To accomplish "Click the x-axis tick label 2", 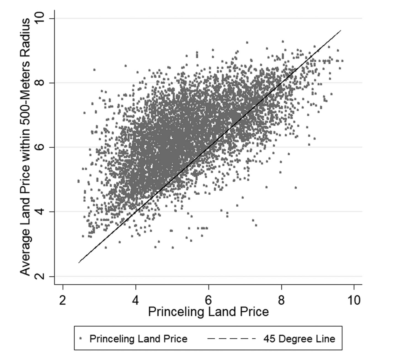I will coord(62,300).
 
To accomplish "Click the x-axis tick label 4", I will coord(135,300).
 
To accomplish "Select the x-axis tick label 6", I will coord(208,300).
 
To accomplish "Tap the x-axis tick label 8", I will coord(281,300).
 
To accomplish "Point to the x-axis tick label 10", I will coord(354,300).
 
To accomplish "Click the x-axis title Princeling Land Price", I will coord(208,312).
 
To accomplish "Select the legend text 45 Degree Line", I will coord(299,339).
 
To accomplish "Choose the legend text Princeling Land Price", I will coord(138,339).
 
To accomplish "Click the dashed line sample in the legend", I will coord(231,339).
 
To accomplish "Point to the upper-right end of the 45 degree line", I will coord(340,30).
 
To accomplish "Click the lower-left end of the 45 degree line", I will coord(78,263).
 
